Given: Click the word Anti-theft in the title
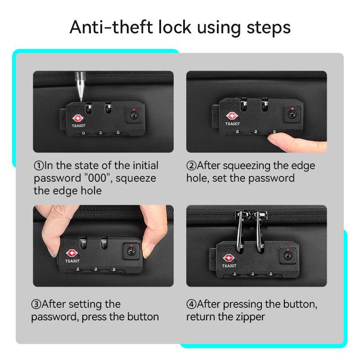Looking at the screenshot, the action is [x=111, y=27].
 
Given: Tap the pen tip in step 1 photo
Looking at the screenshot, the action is [x=81, y=101].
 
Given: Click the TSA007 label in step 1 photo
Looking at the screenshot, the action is [x=78, y=126].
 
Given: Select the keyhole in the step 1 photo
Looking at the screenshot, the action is [x=133, y=114].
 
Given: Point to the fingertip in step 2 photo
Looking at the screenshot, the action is [x=271, y=138].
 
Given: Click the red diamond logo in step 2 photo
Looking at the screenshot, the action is [x=232, y=116].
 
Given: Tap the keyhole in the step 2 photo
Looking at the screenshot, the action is [x=292, y=113].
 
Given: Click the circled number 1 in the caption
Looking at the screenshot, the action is [x=39, y=166].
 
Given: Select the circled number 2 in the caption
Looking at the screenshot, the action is [x=191, y=166].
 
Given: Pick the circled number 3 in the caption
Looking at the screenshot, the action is [x=36, y=304].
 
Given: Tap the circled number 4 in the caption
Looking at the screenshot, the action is [x=191, y=304].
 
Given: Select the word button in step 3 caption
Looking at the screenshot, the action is [x=143, y=317].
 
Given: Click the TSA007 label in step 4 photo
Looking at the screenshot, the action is [x=229, y=266].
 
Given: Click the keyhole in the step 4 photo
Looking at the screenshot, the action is [x=287, y=256].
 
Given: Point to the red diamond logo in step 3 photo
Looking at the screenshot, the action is [x=72, y=253].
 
